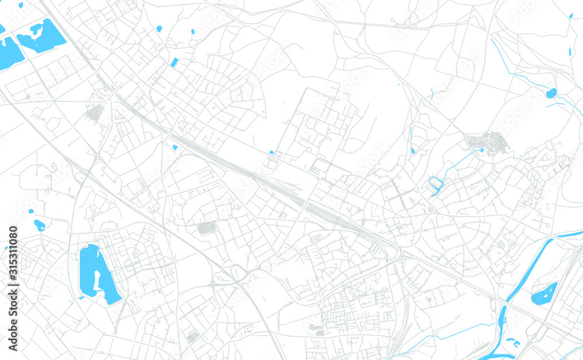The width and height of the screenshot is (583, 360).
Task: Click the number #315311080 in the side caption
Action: click(13, 254)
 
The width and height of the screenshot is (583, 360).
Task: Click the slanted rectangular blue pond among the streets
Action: click(174, 62)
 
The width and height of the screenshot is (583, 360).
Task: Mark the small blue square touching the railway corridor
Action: click(174, 147)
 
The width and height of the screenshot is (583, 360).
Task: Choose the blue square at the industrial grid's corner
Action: click(272, 153)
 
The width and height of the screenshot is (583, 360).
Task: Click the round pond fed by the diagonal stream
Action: click(551, 93)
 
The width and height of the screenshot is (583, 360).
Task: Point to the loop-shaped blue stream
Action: click(436, 185)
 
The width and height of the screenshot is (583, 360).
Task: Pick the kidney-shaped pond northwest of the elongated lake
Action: click(39, 224)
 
